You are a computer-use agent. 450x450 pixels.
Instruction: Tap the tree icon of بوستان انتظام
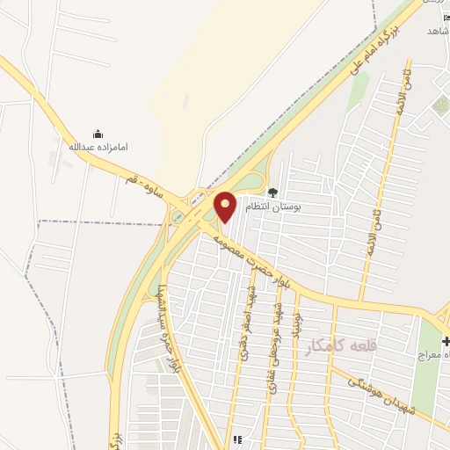(272, 192)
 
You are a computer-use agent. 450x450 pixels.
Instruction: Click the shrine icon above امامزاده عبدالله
(98, 134)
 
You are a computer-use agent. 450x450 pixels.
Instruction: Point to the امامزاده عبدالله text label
(98, 147)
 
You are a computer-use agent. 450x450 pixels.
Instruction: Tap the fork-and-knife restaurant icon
(237, 439)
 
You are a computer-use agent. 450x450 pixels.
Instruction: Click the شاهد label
(437, 30)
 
